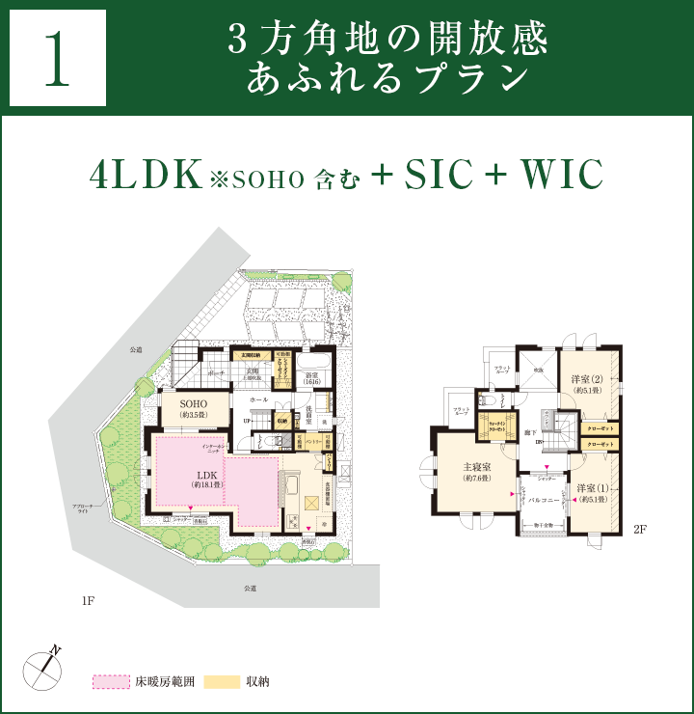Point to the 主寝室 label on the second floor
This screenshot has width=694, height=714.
[x=478, y=470]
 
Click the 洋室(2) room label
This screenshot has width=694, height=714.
[x=586, y=381]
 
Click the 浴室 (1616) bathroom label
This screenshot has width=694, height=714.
[x=311, y=378]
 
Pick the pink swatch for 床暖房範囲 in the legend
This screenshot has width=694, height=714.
[x=111, y=681]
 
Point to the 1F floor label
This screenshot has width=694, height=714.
[x=88, y=601]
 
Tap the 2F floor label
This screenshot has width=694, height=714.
[x=639, y=530]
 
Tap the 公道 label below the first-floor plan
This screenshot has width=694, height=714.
[x=250, y=588]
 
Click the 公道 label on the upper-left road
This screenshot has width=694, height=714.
[x=136, y=350]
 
